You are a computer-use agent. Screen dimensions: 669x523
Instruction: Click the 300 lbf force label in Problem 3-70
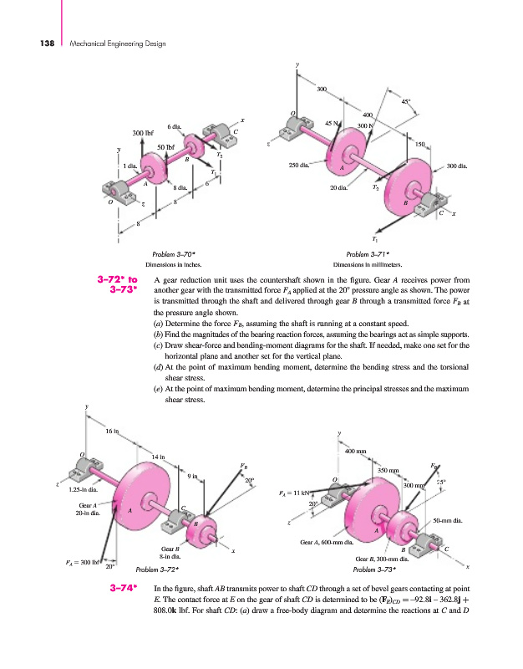(144, 132)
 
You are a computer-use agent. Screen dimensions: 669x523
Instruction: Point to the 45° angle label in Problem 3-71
(405, 102)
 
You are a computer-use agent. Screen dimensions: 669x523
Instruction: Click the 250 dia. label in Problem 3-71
(300, 165)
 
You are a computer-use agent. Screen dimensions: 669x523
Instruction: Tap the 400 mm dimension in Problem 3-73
(357, 452)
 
